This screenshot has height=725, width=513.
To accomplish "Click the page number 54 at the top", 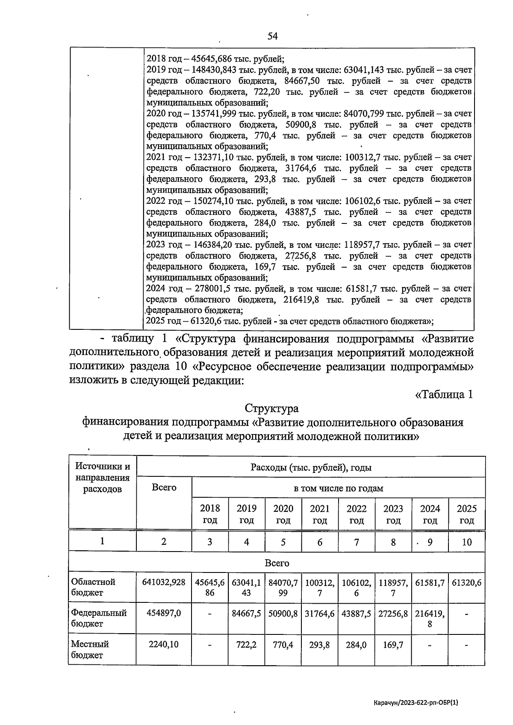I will tap(272, 36).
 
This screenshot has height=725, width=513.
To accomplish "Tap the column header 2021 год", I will tap(320, 514).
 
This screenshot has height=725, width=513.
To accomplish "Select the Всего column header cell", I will tap(164, 487).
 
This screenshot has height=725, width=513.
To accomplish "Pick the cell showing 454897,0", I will tap(164, 613).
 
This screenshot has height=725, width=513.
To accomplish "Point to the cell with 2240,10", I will tap(164, 644).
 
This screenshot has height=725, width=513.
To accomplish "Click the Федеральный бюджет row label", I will tap(99, 618).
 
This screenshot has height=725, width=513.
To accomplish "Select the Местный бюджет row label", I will tap(90, 649).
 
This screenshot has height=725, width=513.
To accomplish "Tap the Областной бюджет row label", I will tap(93, 587).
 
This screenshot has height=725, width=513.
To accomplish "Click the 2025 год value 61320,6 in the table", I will tap(466, 582).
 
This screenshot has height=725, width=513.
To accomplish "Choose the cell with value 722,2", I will tap(246, 644).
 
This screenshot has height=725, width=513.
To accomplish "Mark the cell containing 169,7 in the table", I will tap(393, 644).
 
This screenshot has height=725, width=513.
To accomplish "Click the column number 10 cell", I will tap(466, 542).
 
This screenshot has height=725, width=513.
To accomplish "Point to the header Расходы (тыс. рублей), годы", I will tap(311, 467).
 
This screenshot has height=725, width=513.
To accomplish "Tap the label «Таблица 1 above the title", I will tap(444, 394).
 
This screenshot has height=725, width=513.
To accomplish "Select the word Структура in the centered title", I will tap(272, 408).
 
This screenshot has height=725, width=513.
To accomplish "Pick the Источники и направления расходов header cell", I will tap(102, 478).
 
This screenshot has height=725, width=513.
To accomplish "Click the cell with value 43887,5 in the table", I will tap(356, 613).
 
